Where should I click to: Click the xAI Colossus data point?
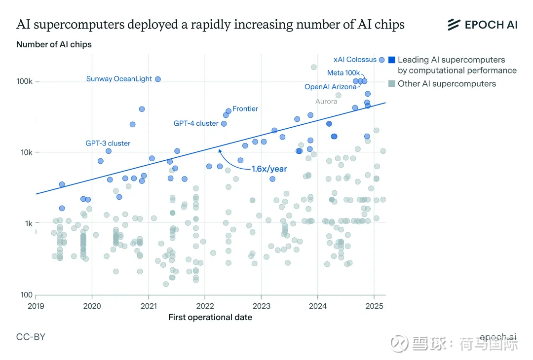click(x=381, y=60)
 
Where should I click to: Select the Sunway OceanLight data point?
click(x=158, y=79)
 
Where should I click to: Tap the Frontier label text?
click(x=245, y=108)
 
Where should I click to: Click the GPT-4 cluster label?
click(x=196, y=123)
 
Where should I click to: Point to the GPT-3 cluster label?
click(x=108, y=144)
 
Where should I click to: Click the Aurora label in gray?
click(x=326, y=102)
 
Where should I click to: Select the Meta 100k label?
click(x=343, y=73)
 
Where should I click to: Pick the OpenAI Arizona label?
click(x=330, y=87)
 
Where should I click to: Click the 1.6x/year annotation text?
click(x=269, y=169)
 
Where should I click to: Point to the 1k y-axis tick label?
click(x=28, y=223)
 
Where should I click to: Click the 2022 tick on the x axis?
click(x=205, y=306)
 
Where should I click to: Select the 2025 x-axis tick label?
click(x=374, y=306)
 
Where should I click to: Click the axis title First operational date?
click(x=210, y=317)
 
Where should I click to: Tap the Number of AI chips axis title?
click(x=54, y=44)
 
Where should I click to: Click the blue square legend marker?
click(x=392, y=60)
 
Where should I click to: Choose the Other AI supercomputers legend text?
click(x=447, y=84)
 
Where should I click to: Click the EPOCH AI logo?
click(x=482, y=25)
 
